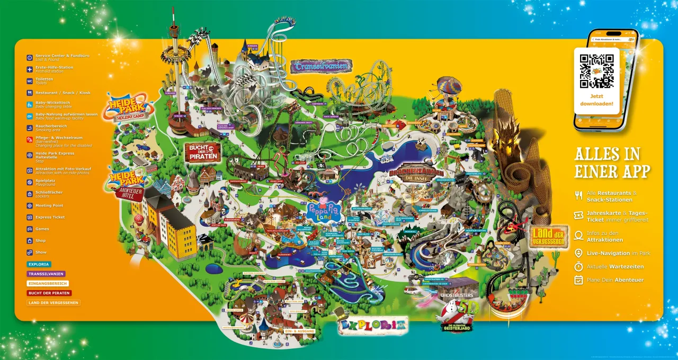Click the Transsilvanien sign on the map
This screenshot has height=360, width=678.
point(321,66)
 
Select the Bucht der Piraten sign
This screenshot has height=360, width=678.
point(202,152)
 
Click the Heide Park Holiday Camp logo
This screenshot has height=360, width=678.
point(129,106)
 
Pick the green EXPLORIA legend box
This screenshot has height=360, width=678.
point(39,264)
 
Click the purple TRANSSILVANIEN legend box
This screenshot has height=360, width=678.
point(46,274)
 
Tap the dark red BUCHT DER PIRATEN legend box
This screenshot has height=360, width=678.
point(49,293)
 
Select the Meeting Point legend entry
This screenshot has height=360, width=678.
point(49,205)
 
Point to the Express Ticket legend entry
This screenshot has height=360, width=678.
point(50,217)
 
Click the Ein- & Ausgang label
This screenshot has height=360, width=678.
point(300,331)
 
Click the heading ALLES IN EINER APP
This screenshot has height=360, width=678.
point(612,163)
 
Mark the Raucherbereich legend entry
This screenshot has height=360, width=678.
point(51,128)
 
